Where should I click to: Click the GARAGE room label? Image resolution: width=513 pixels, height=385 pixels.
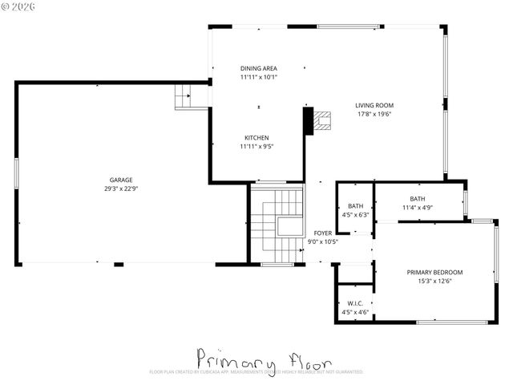tap(121, 180)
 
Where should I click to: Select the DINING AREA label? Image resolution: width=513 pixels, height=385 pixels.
tap(258, 68)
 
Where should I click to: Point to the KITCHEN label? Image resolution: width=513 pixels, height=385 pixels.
tap(256, 137)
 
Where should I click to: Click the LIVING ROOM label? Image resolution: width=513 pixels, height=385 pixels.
tap(374, 105)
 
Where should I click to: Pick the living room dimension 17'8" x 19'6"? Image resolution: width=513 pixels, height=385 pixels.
tap(374, 115)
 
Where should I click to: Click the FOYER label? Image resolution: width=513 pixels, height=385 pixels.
tap(323, 233)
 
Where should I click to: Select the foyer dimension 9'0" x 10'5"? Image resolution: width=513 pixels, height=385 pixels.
tap(323, 241)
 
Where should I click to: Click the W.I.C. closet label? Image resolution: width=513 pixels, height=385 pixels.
tap(355, 303)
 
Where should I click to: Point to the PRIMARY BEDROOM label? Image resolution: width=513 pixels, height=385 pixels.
tap(434, 272)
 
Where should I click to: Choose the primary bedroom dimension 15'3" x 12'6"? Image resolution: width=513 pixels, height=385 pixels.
tap(434, 282)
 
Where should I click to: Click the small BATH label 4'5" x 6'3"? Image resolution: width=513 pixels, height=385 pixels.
tap(355, 206)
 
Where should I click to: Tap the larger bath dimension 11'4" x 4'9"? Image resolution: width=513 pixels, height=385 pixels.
tap(418, 208)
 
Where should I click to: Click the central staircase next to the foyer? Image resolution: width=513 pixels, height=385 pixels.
tap(277, 224)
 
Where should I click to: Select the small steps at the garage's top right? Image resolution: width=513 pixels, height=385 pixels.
tap(184, 97)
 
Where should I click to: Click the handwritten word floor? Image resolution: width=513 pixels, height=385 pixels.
tap(305, 357)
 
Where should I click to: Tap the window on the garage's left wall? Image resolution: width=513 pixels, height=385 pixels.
tap(16, 173)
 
